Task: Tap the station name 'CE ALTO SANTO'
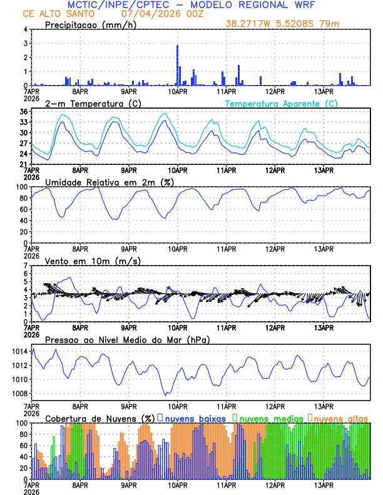(x=54, y=14)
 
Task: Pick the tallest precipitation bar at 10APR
(x=177, y=65)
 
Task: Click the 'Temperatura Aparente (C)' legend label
(x=281, y=103)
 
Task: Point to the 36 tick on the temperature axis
(x=23, y=112)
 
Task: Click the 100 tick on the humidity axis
(x=21, y=187)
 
